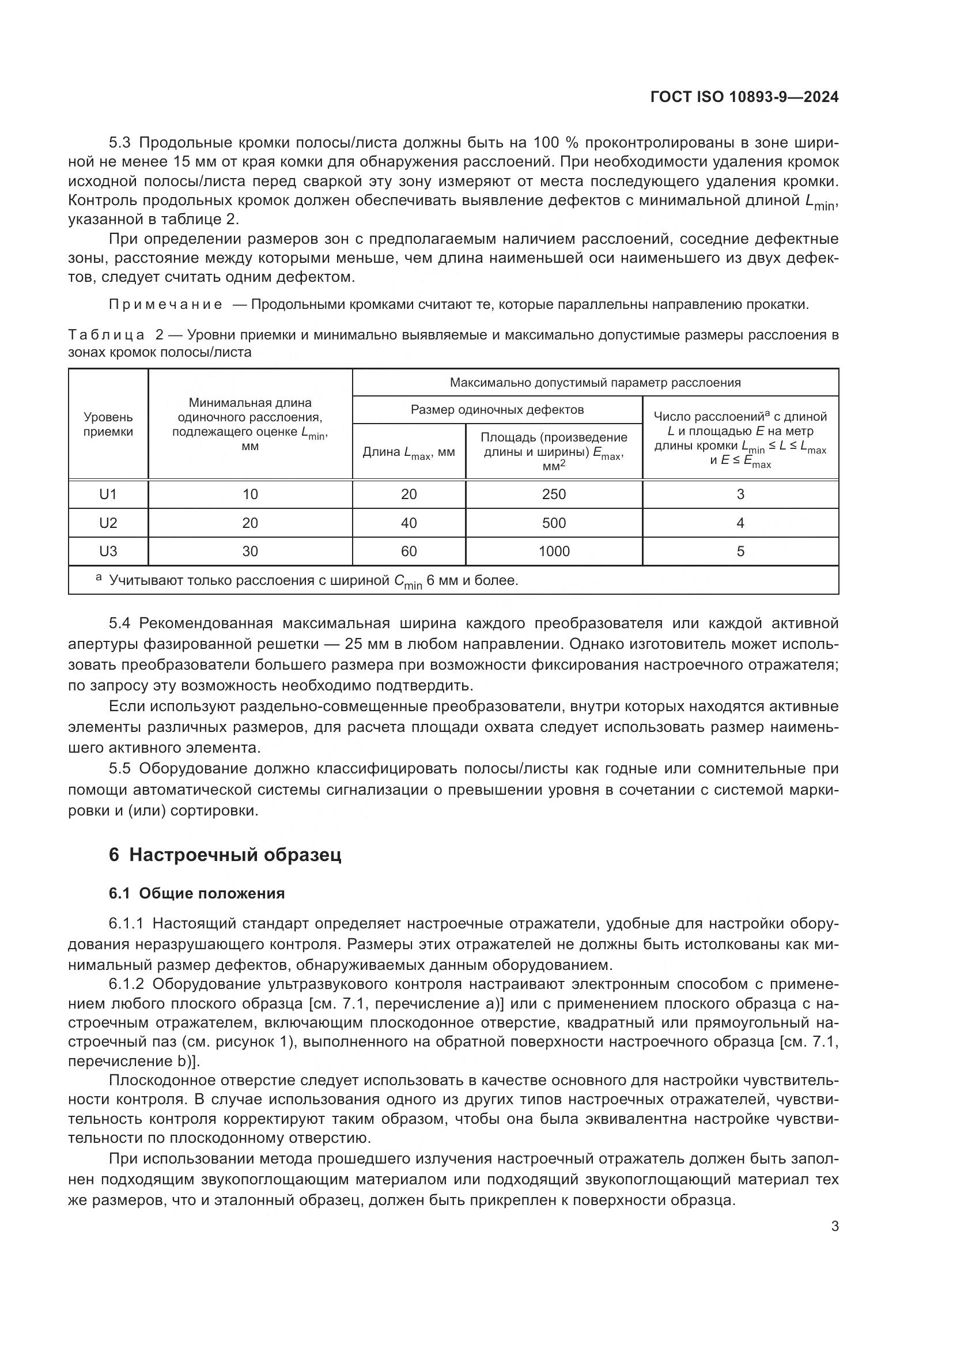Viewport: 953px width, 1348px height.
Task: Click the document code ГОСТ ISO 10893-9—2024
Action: click(x=744, y=97)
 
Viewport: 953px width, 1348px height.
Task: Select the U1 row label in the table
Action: click(x=108, y=494)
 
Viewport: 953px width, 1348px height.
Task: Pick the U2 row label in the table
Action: click(x=108, y=523)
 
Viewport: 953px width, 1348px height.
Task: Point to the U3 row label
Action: click(x=108, y=551)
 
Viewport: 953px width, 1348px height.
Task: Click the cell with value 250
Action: click(x=554, y=494)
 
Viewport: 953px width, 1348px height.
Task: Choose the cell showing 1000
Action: click(x=554, y=551)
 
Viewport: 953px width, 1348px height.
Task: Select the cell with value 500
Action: click(x=554, y=523)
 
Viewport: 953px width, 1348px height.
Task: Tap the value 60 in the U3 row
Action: click(x=409, y=551)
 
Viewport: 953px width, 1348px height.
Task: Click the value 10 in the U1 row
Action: click(x=250, y=494)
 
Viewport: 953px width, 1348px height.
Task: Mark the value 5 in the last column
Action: click(x=740, y=551)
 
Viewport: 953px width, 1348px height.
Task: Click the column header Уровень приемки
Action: click(x=108, y=425)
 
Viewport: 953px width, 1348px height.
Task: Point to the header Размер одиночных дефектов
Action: click(x=497, y=410)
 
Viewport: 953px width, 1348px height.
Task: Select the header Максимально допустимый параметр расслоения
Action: click(x=595, y=383)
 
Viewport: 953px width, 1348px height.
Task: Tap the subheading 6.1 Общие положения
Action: click(x=196, y=894)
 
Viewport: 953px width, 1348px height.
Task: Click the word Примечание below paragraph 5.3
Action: click(x=165, y=305)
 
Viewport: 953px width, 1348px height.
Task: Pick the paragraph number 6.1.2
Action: click(x=126, y=984)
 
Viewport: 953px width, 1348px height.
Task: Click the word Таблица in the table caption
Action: click(x=106, y=335)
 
